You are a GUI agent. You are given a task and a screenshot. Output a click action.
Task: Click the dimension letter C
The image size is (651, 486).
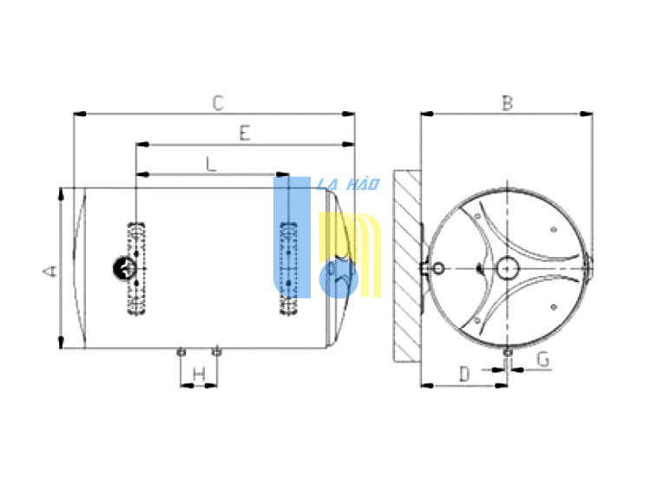coord(218,103)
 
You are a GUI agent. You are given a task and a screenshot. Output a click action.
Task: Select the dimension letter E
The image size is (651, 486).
coord(245,134)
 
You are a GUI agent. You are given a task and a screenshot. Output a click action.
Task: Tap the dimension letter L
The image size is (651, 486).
coord(211,164)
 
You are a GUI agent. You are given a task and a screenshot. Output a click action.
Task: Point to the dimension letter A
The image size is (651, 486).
coord(49,272)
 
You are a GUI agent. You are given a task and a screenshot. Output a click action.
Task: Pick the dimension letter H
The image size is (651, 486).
coord(200,375)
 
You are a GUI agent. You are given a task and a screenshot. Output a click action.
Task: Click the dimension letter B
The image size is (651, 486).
coord(508,103)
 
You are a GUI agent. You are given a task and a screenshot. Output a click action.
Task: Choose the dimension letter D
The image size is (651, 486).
coord(464,374)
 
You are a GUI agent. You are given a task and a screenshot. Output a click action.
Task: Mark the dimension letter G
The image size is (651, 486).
coord(543,360)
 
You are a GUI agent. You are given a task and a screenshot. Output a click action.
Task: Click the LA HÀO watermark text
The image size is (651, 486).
coord(348,184)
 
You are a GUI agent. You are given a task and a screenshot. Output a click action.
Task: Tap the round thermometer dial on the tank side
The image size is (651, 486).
coord(124,268)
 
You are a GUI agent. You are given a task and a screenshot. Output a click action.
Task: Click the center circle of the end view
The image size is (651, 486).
coord(508,268)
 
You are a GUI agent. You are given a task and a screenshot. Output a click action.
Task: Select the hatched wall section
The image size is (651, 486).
coord(407,266)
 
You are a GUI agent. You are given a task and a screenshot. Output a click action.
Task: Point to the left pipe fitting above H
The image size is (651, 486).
coord(181,352)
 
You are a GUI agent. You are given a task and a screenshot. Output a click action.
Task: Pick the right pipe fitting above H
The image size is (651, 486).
coord(216,352)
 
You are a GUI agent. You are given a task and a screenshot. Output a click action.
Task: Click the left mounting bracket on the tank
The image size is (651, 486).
coord(136,268)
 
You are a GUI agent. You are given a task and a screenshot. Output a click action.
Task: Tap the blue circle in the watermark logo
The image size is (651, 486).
coord(339,279)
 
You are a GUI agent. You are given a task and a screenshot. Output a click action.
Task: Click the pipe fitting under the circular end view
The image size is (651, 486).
coord(508,352)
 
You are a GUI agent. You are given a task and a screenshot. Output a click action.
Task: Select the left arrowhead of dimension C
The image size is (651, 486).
coord(80,114)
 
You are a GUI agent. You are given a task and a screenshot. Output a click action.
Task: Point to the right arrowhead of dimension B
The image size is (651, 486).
coord(586,114)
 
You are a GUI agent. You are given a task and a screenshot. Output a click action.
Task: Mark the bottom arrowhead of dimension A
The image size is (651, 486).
coord(61,342)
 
